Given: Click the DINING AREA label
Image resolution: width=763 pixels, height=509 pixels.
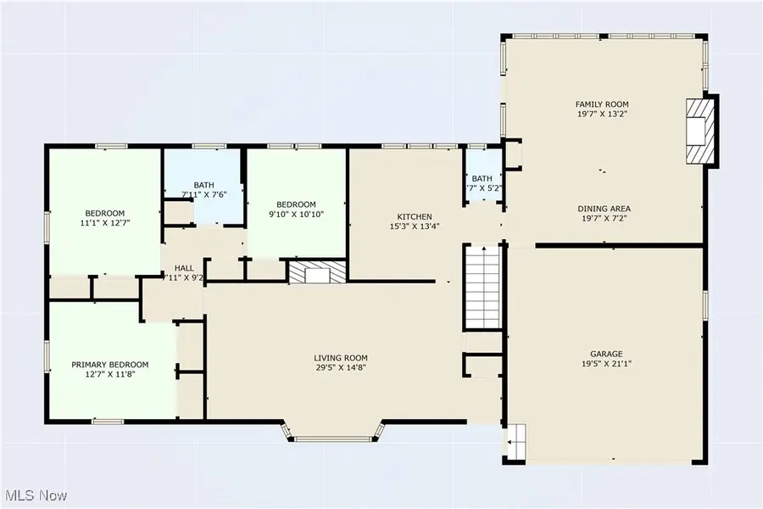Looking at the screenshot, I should point(604,209).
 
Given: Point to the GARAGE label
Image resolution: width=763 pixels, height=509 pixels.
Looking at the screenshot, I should point(606,353).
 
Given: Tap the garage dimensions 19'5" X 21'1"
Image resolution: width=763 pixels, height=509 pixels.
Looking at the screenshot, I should point(606,363).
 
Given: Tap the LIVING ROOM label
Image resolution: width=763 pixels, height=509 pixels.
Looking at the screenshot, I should point(341,358).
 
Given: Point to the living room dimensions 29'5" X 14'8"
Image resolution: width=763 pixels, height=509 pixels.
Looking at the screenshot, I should point(341,368).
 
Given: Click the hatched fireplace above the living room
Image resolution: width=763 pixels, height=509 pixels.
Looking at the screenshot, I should point(317,271).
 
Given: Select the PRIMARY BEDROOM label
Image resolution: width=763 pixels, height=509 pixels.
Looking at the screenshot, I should point(110,365).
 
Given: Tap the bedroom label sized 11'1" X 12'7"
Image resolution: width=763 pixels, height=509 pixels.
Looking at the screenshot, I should point(104,213).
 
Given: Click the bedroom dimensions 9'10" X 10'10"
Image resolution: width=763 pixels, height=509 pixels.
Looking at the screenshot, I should point(296,215).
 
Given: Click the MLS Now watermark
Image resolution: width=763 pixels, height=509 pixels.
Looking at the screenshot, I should point(36,495).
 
